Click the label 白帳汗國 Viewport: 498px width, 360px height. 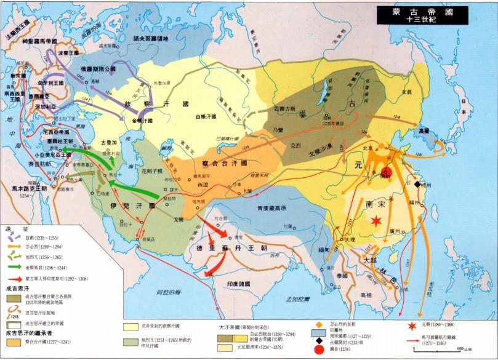point(207,116)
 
